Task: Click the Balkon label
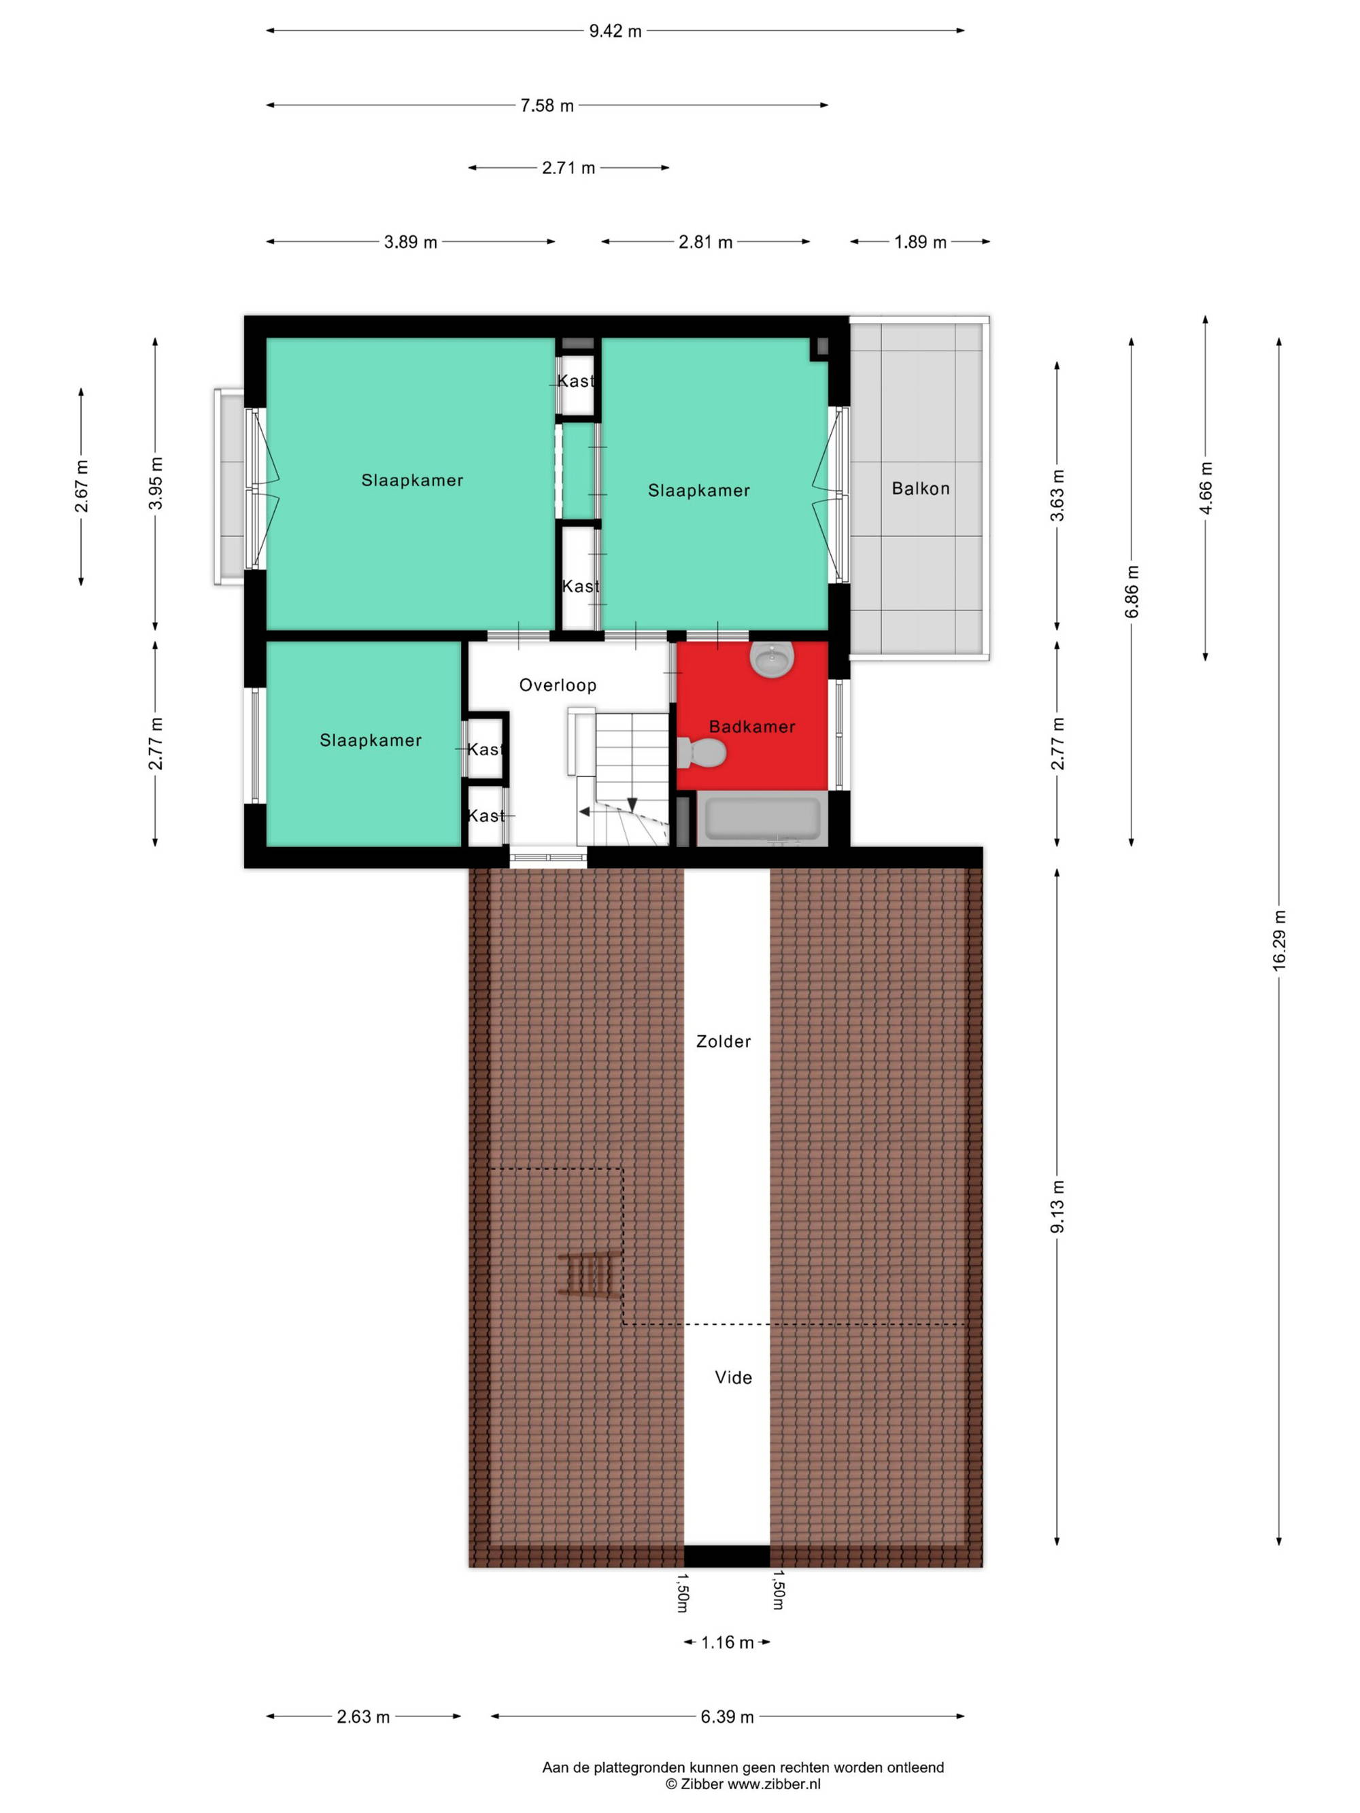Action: coord(921,489)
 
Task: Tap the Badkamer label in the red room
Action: coord(751,726)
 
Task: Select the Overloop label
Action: coord(558,685)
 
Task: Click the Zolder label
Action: coord(723,1041)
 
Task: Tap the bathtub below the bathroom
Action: coord(762,818)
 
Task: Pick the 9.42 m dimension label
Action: coord(615,31)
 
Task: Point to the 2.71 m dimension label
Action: coord(568,168)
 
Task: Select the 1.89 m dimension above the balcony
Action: coord(920,242)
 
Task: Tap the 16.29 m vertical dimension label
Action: coord(1279,940)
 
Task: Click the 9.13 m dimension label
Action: coord(1057,1207)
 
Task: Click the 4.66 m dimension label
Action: coord(1205,489)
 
